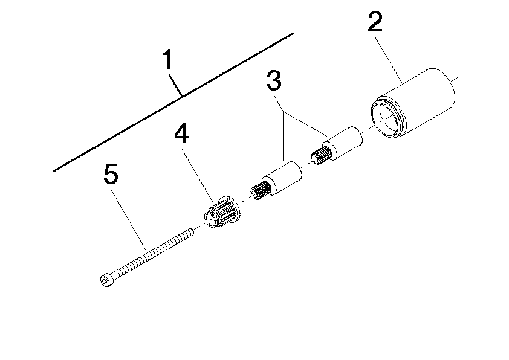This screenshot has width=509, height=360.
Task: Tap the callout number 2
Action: (x=375, y=22)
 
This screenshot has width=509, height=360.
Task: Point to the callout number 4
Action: (x=181, y=134)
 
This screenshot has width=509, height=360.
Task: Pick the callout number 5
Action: (x=111, y=175)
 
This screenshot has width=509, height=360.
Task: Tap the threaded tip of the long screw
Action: (x=189, y=231)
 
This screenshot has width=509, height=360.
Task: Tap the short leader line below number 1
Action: (x=177, y=85)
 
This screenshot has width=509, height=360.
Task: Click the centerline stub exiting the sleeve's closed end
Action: (x=456, y=78)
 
